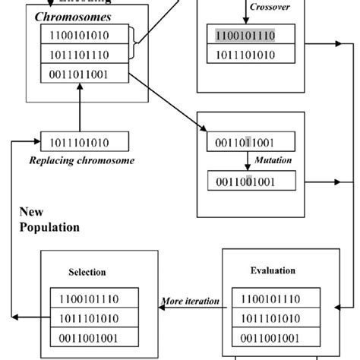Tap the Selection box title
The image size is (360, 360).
(87, 271)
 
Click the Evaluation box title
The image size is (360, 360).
(272, 270)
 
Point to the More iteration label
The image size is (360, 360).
(190, 302)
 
